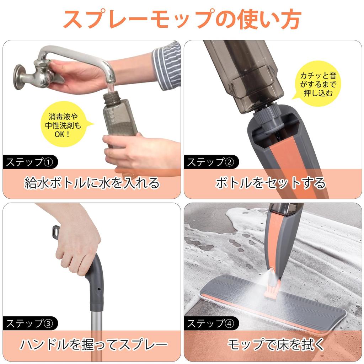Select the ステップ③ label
pos(30,323)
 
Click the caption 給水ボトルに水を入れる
pos(92,183)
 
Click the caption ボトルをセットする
pos(271,183)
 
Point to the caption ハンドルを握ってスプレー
pos(93,344)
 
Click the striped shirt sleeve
pos(167,66)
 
